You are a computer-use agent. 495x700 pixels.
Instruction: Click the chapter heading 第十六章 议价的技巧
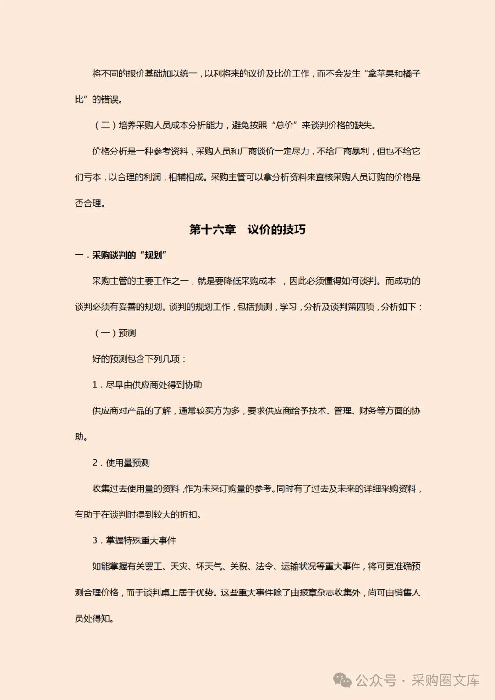pyautogui.click(x=247, y=229)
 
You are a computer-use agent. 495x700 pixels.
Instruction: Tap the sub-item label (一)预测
pyautogui.click(x=115, y=333)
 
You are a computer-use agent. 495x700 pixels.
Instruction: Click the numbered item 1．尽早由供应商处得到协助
pyautogui.click(x=147, y=385)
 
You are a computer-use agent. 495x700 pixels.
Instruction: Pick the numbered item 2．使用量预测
pyautogui.click(x=121, y=463)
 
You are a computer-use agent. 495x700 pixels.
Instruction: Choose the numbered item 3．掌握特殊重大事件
pyautogui.click(x=134, y=540)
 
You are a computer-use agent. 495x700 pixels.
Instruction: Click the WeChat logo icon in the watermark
pyautogui.click(x=342, y=680)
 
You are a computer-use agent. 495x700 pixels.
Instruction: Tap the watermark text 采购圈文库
pyautogui.click(x=445, y=680)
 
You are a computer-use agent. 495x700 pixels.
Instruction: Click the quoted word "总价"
pyautogui.click(x=284, y=125)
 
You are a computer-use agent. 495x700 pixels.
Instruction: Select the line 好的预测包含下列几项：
pyautogui.click(x=139, y=359)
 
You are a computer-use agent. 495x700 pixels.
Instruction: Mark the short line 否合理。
pyautogui.click(x=90, y=203)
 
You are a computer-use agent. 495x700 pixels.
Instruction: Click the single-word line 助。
pyautogui.click(x=81, y=436)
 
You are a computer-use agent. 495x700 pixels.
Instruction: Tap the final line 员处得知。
pyautogui.click(x=94, y=618)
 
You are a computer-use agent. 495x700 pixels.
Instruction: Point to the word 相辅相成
pyautogui.click(x=186, y=177)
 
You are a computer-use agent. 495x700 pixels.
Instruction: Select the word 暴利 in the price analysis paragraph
pyautogui.click(x=360, y=151)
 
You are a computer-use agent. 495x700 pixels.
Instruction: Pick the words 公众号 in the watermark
pyautogui.click(x=376, y=680)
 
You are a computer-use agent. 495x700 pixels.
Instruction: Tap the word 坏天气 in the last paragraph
pyautogui.click(x=209, y=567)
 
